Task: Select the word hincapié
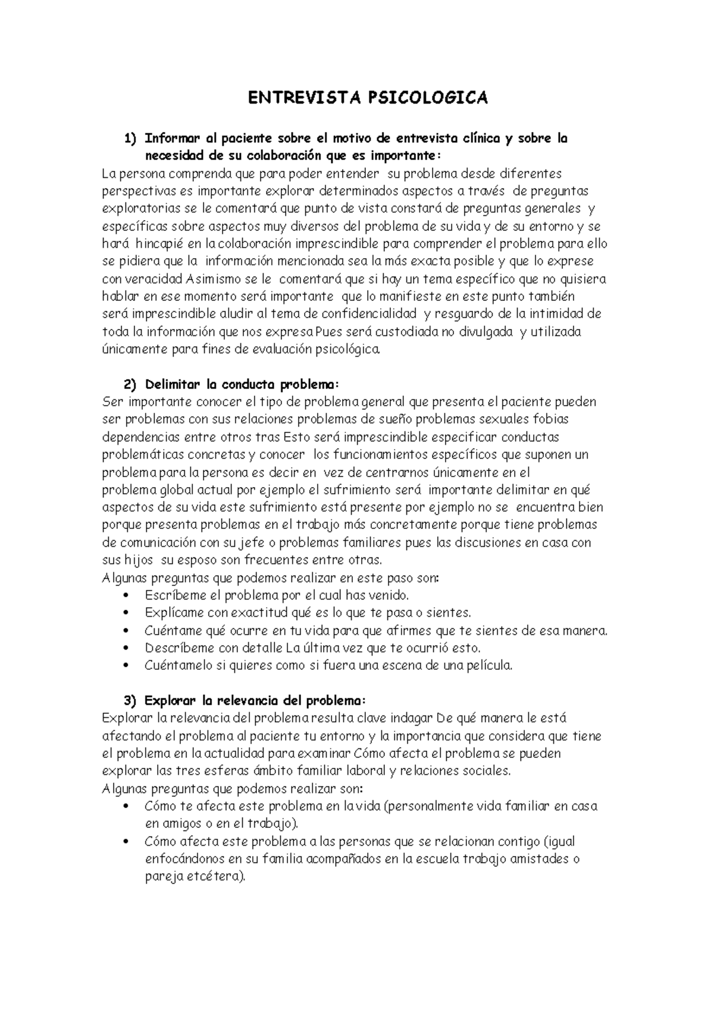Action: (x=160, y=244)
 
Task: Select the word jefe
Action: (x=250, y=543)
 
